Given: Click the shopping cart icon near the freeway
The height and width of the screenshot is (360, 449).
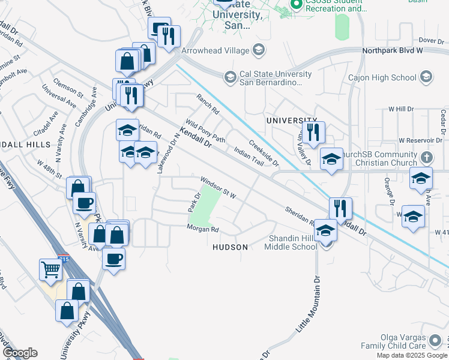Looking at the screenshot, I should pyautogui.click(x=50, y=269).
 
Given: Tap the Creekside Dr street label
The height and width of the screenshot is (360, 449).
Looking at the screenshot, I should pyautogui.click(x=264, y=154).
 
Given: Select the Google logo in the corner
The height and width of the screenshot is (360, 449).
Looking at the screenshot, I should pyautogui.click(x=20, y=353).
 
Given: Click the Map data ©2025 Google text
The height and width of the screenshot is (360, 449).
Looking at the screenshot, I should pyautogui.click(x=411, y=355).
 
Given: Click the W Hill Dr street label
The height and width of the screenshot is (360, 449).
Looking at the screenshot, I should pyautogui.click(x=402, y=109).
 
